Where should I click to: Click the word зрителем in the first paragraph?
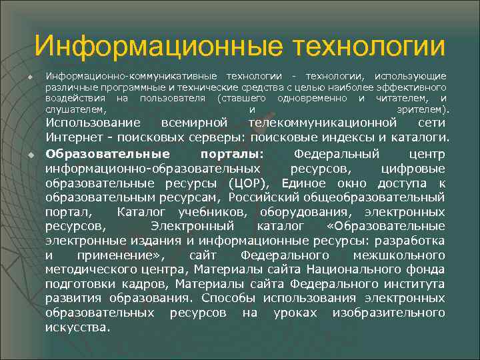point(423,109)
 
